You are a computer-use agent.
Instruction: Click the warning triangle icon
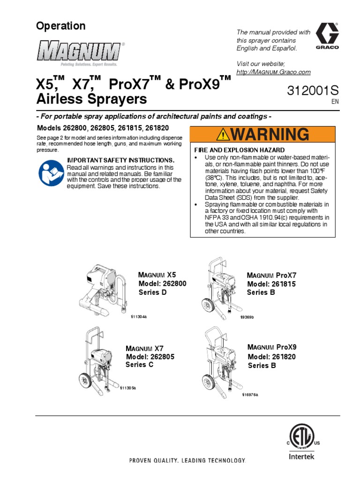[x=225, y=135]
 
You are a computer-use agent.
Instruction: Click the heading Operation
[x=61, y=26]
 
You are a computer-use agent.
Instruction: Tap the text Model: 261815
[x=271, y=284]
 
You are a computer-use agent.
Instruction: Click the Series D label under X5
[x=153, y=292]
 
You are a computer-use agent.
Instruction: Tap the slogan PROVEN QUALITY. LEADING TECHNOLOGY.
[x=187, y=461]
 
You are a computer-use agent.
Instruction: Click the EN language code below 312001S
[x=334, y=101]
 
